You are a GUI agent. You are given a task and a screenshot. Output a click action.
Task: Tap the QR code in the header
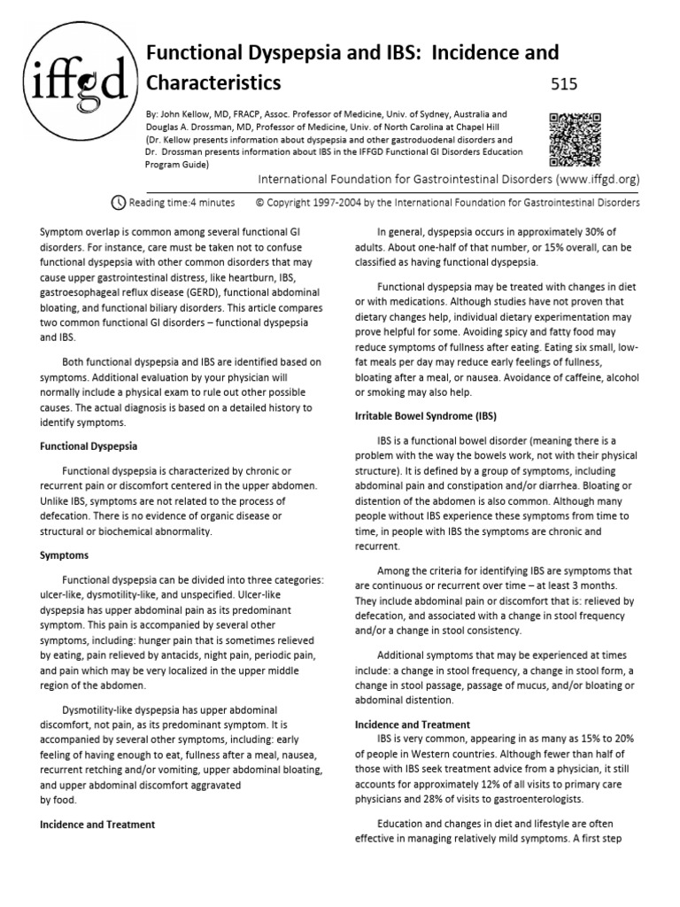576,139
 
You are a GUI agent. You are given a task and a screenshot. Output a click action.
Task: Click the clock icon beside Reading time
119,201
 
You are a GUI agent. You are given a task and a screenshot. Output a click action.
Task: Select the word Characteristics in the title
212,83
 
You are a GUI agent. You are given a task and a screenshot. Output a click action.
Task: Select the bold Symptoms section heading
64,556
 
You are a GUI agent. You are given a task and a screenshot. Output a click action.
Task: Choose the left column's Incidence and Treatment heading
97,824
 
